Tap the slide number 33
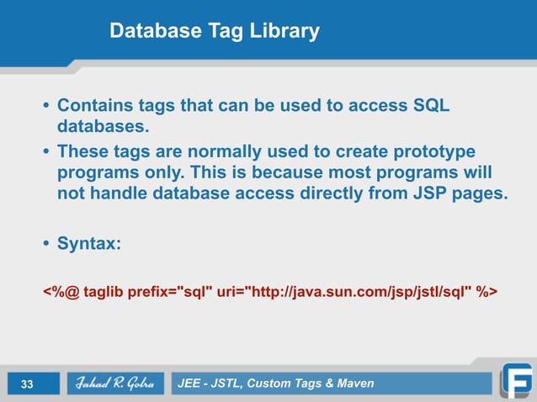(27, 384)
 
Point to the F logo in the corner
(515, 379)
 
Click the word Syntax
(88, 244)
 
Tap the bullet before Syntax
(46, 244)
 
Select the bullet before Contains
(46, 108)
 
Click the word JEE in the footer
(191, 384)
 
